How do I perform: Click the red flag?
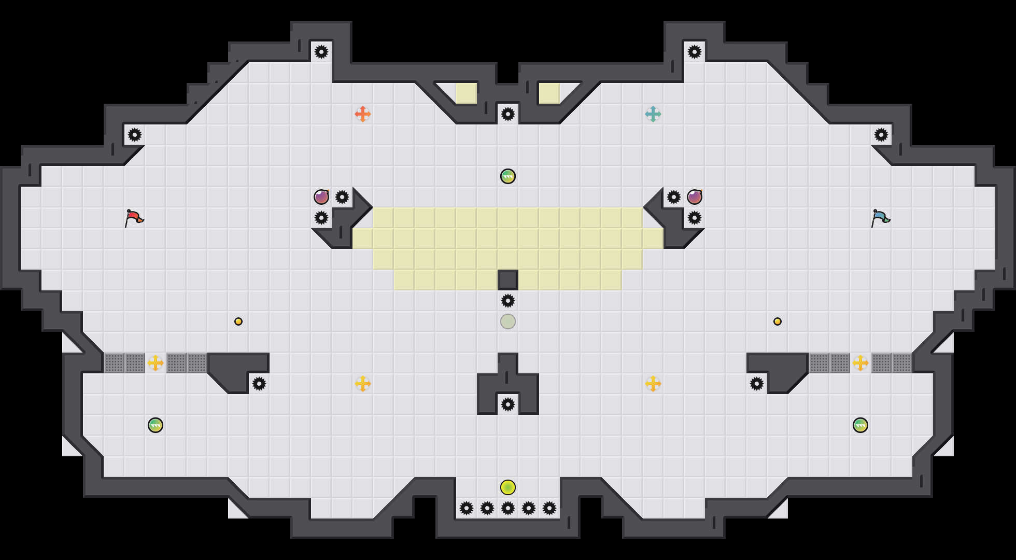(134, 218)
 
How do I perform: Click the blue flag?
(880, 218)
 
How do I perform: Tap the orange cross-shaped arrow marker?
(363, 114)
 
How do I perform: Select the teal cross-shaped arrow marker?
(653, 114)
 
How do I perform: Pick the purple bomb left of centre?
(321, 197)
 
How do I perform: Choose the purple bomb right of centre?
(695, 197)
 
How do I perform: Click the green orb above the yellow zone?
(508, 176)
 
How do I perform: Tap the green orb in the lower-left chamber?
(156, 425)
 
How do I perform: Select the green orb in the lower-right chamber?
(860, 425)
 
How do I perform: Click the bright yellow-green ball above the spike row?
(508, 487)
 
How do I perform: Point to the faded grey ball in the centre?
(508, 321)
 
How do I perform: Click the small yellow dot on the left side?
(238, 321)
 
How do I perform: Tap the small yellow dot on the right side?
(778, 321)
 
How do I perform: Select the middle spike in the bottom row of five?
(508, 508)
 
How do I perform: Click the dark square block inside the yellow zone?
(508, 280)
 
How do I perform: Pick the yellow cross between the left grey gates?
(156, 363)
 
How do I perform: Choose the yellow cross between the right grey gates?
(860, 363)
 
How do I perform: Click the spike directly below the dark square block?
(508, 301)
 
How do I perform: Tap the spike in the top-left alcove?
(321, 52)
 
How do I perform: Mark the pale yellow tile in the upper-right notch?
(549, 93)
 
